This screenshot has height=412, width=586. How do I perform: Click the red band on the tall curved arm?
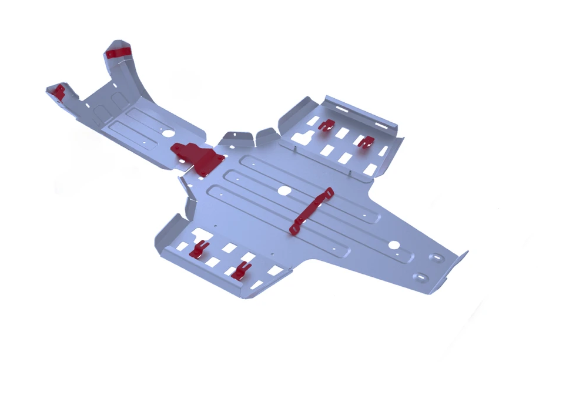pos(119,52)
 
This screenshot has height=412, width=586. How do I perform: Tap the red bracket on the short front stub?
pos(59,91)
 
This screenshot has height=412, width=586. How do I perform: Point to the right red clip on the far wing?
pos(366,141)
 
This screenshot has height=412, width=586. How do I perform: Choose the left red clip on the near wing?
pos(199,249)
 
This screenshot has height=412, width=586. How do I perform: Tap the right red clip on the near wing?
pos(240,270)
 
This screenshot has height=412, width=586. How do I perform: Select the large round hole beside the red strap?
pos(285,191)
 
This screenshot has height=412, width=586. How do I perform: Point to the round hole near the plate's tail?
pos(395,244)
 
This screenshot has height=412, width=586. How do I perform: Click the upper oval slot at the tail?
pos(437,257)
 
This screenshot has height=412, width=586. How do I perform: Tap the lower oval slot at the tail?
pos(423,276)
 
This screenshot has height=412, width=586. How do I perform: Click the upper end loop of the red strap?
pos(328,192)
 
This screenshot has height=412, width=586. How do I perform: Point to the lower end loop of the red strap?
pos(293,231)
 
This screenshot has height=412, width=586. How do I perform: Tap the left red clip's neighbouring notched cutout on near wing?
pos(183,244)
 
